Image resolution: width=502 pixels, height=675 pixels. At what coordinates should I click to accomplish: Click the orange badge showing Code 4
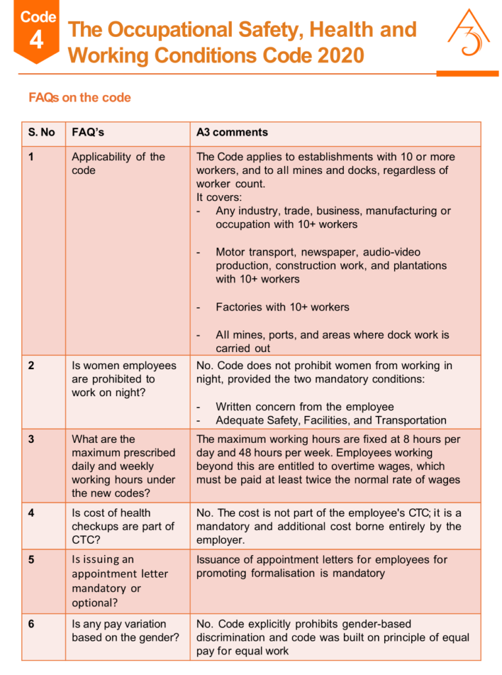click(38, 32)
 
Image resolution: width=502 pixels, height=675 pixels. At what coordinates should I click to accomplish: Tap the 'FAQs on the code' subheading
click(80, 98)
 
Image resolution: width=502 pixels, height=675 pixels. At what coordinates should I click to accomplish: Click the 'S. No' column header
click(42, 132)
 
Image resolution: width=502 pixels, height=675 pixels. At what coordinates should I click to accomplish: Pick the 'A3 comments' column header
click(232, 132)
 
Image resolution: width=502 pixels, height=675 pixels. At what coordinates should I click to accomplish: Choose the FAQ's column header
click(88, 132)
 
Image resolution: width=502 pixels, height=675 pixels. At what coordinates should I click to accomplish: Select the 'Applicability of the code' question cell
click(118, 163)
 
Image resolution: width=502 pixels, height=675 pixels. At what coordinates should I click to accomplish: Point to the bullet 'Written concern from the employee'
click(304, 407)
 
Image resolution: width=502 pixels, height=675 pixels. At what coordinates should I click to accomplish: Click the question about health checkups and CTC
click(123, 526)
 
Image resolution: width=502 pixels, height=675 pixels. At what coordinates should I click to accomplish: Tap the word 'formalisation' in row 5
click(285, 573)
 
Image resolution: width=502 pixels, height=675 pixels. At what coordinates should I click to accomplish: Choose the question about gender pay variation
click(125, 630)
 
